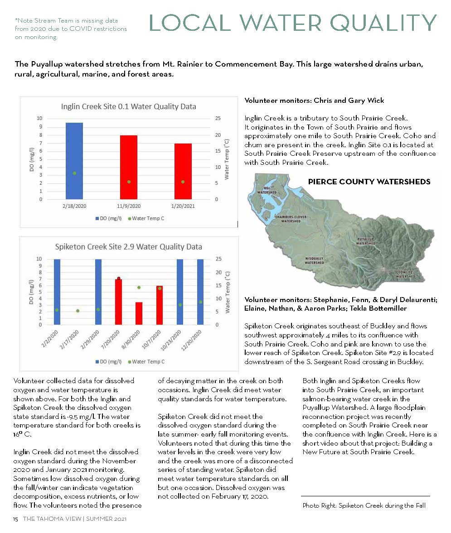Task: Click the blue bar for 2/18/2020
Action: pyautogui.click(x=74, y=161)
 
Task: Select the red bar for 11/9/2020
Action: pyautogui.click(x=129, y=167)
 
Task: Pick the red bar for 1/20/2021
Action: pyautogui.click(x=183, y=171)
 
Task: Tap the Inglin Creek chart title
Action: pyautogui.click(x=129, y=107)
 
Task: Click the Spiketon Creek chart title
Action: pyautogui.click(x=128, y=247)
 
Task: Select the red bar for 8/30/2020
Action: pyautogui.click(x=139, y=313)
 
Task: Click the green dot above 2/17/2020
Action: pyautogui.click(x=78, y=311)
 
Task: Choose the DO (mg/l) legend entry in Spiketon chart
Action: pyautogui.click(x=108, y=361)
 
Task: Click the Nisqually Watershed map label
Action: pyautogui.click(x=314, y=260)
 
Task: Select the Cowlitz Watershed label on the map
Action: pyautogui.click(x=405, y=274)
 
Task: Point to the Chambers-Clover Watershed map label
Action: pyautogui.click(x=291, y=219)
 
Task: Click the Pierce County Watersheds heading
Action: pyautogui.click(x=369, y=182)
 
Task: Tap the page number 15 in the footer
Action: pyautogui.click(x=15, y=519)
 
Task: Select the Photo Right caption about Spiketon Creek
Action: pyautogui.click(x=364, y=505)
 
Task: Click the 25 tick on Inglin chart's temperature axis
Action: pyautogui.click(x=218, y=118)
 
